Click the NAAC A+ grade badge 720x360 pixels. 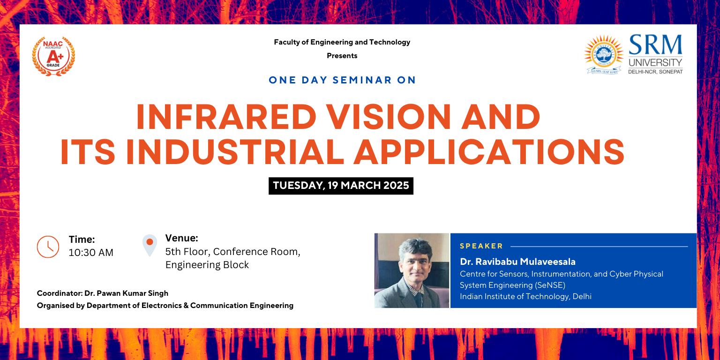coord(53,56)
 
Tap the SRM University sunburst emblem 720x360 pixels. coord(604,54)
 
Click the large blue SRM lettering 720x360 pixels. coord(655,45)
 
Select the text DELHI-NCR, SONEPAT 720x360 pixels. coord(655,72)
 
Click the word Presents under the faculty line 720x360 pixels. coord(342,56)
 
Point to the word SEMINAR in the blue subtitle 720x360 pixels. coord(362,80)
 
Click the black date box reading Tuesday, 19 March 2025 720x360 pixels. coord(341,186)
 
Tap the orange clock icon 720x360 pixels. coord(48,247)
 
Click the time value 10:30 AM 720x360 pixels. coord(91,253)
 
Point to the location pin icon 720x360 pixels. coord(150,245)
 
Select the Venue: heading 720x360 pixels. coord(181,238)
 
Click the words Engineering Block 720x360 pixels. coord(207,265)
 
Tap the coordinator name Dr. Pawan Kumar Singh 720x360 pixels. coord(126,293)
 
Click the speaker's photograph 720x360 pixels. coord(412,270)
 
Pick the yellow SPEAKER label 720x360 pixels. coord(481,246)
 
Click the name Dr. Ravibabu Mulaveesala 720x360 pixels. coord(517,262)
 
